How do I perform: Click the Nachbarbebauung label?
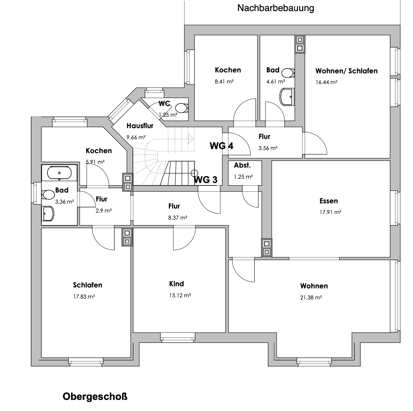click(x=276, y=8)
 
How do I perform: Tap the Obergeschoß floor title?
click(x=95, y=397)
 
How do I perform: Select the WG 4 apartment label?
click(x=221, y=146)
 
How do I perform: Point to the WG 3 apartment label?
click(x=206, y=180)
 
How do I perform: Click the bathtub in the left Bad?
click(x=59, y=173)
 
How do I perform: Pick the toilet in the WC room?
click(x=182, y=108)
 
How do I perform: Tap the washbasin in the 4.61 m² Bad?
click(x=287, y=97)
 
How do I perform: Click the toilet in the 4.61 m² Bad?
click(x=288, y=73)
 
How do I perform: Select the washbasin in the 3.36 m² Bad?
click(x=48, y=214)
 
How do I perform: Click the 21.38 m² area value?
click(x=311, y=297)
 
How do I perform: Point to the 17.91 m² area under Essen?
click(x=330, y=212)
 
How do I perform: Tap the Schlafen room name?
click(x=88, y=285)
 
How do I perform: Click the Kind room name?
click(x=176, y=284)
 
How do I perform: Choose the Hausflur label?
click(x=140, y=126)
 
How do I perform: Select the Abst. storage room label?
click(x=242, y=165)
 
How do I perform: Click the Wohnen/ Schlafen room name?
click(x=346, y=71)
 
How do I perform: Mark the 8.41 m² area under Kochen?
click(x=224, y=81)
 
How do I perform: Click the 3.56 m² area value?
click(x=268, y=148)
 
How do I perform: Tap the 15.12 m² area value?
click(x=180, y=295)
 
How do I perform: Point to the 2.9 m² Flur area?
click(x=104, y=211)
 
